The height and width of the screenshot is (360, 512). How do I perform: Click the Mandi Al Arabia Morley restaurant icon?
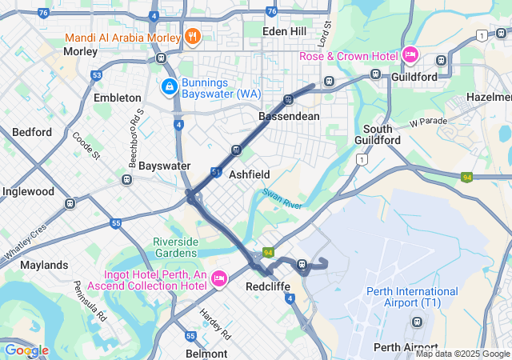(x=192, y=36)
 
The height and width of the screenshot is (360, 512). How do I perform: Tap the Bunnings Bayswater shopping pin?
(x=170, y=86)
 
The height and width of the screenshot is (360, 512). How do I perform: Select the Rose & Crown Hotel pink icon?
(x=410, y=54)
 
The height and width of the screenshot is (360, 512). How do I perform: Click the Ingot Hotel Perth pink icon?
(x=218, y=278)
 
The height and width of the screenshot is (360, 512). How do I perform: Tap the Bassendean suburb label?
(x=289, y=116)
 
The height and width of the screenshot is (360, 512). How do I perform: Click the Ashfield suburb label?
(x=249, y=174)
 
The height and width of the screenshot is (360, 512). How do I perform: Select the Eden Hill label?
(x=286, y=30)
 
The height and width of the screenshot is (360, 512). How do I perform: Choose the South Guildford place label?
(x=377, y=134)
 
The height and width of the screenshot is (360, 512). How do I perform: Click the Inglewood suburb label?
(x=28, y=191)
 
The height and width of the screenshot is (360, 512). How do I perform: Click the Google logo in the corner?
(x=26, y=350)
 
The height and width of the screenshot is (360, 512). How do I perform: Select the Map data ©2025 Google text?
(x=462, y=354)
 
